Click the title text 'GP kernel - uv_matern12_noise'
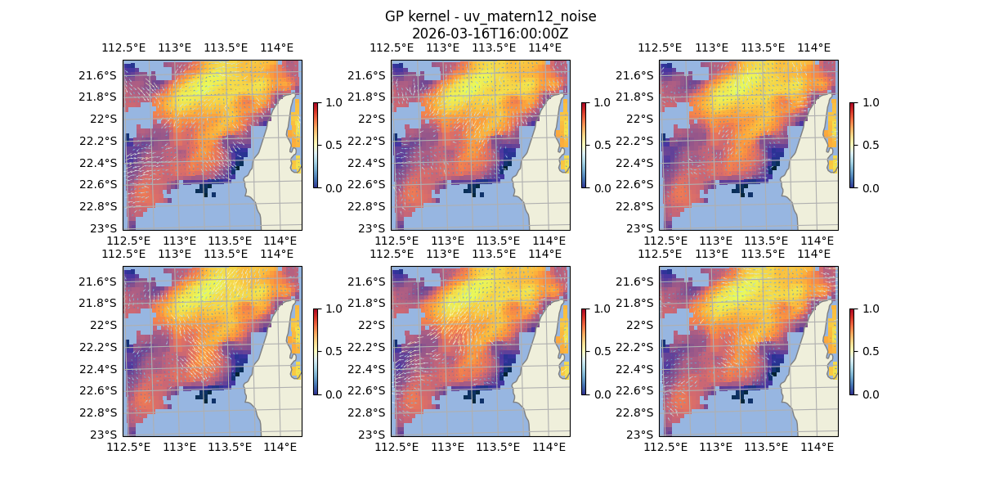[x=490, y=16]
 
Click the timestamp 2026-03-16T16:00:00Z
[x=490, y=34]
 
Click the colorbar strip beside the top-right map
[x=853, y=145]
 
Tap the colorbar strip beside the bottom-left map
[x=316, y=351]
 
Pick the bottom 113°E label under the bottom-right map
[x=716, y=447]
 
